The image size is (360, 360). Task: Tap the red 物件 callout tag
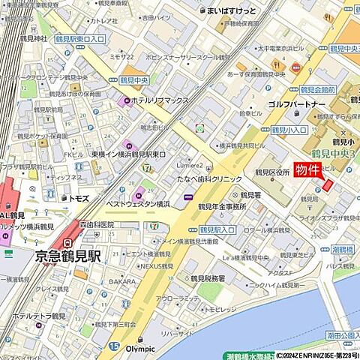tap(307, 169)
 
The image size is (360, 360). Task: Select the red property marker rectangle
tap(328, 185)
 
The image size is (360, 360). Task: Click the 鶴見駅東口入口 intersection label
tap(80, 37)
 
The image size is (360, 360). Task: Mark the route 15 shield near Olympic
tap(113, 346)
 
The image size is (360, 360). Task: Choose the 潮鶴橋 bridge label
tap(344, 248)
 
